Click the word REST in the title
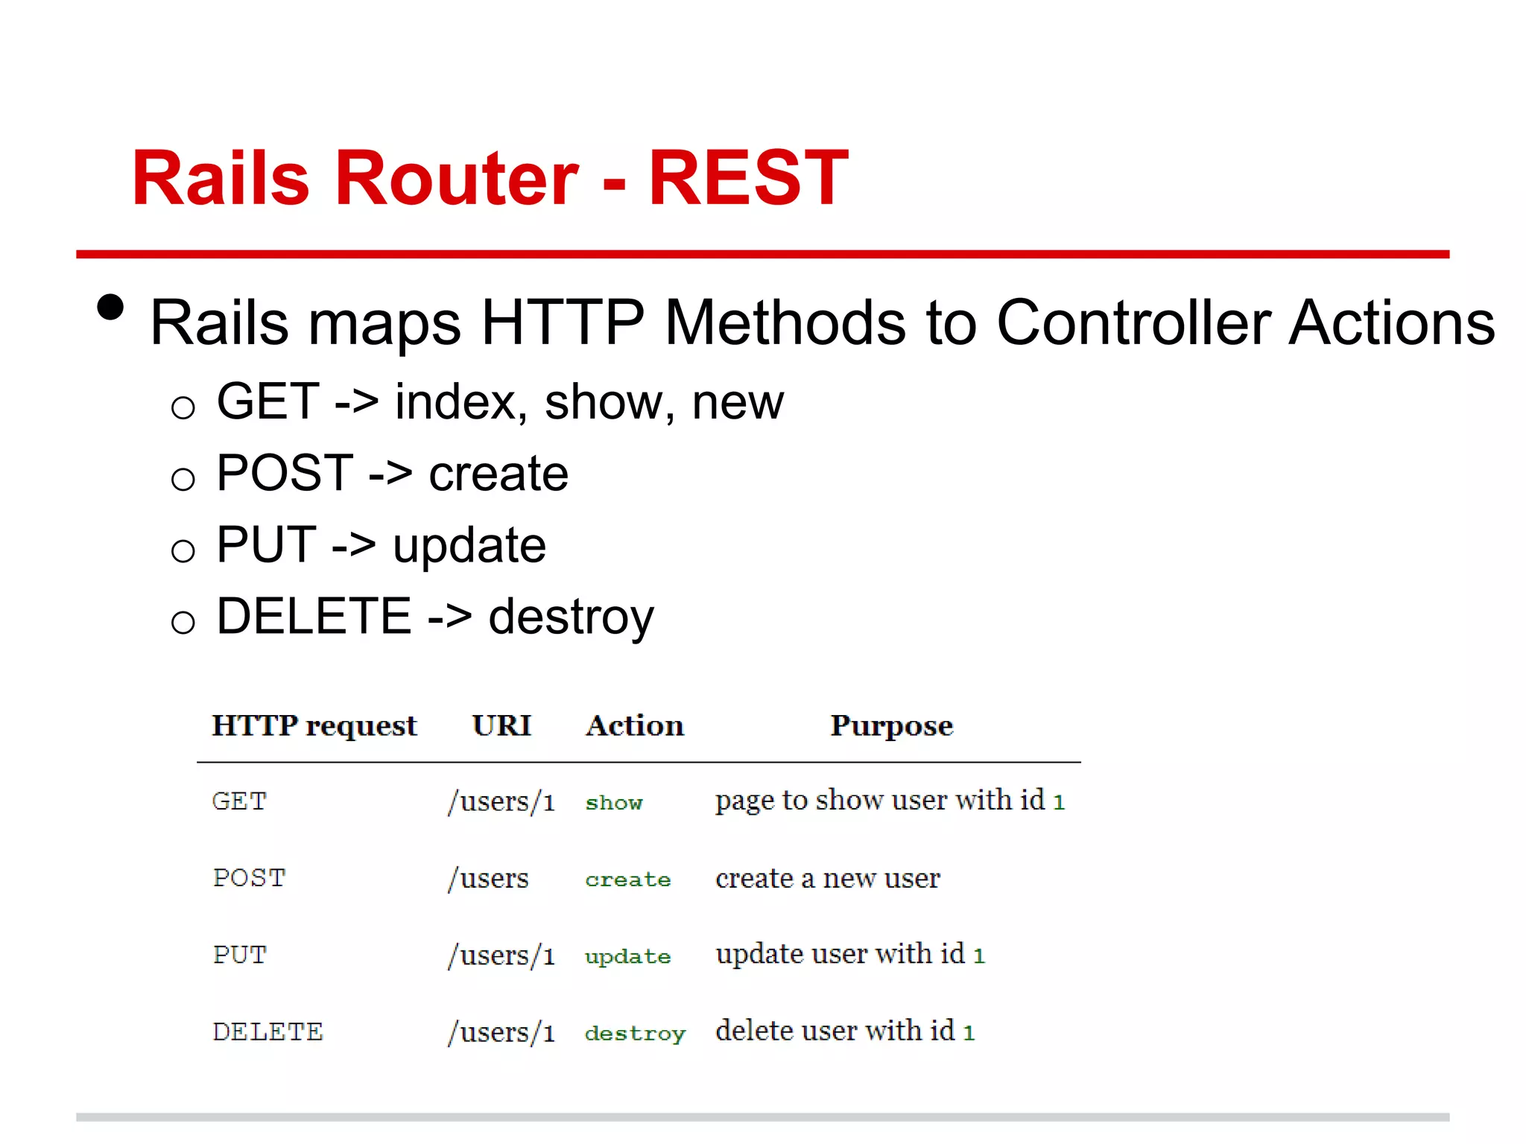click(747, 178)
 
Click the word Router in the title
click(457, 178)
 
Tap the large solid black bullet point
click(110, 308)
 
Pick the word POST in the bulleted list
click(285, 473)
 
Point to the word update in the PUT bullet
click(469, 546)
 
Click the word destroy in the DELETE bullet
click(571, 617)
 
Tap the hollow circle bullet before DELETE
click(183, 622)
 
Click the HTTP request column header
click(314, 726)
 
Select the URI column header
click(501, 725)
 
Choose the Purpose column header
click(891, 726)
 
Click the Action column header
click(634, 725)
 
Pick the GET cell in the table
click(239, 801)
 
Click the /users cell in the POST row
click(488, 879)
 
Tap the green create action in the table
click(627, 880)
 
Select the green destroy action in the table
click(634, 1034)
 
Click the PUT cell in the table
click(239, 955)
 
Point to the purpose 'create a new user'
click(827, 879)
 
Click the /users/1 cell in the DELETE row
click(501, 1033)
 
